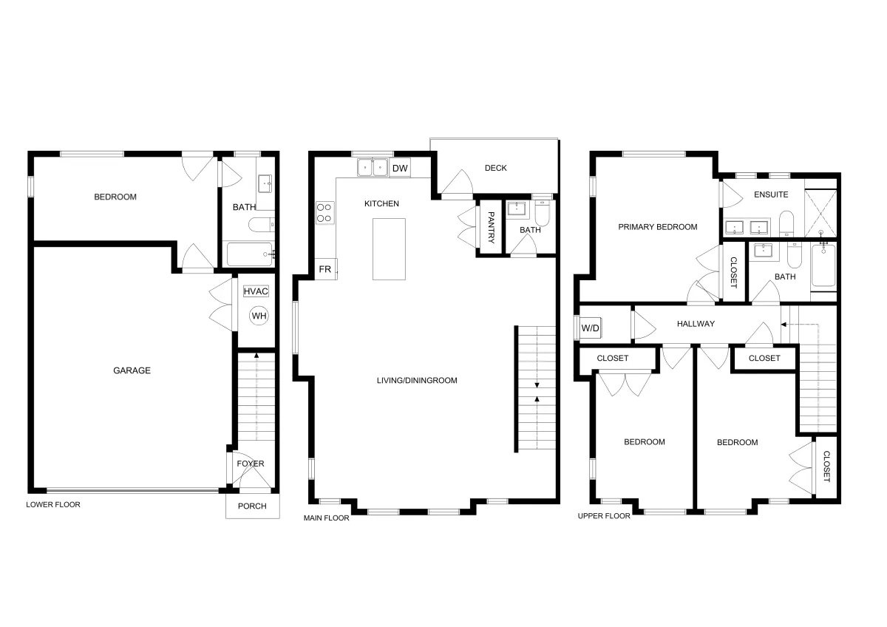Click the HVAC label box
click(256, 291)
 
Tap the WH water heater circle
click(259, 316)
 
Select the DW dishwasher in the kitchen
click(400, 168)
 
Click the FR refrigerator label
click(325, 269)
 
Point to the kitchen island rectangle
click(389, 249)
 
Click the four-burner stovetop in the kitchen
click(324, 213)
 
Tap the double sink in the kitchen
click(373, 167)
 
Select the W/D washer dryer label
click(590, 328)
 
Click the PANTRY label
click(491, 227)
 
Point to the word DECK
click(496, 168)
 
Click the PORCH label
click(252, 506)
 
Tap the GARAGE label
click(132, 370)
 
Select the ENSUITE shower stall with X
click(821, 214)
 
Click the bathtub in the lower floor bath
click(250, 254)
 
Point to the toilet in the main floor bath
click(542, 213)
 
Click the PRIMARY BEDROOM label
click(658, 227)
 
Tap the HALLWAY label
click(696, 324)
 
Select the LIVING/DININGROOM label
click(417, 381)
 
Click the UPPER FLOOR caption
click(604, 516)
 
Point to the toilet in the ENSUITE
click(786, 223)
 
